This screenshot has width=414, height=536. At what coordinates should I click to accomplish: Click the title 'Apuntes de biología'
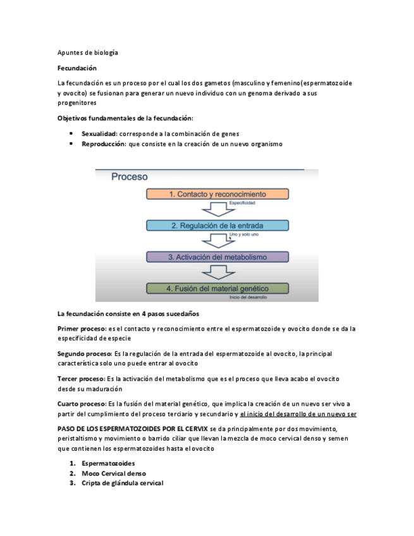87,52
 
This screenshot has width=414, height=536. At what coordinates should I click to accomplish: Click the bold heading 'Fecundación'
76,68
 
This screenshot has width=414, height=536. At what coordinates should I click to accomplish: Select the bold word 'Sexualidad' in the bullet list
99,133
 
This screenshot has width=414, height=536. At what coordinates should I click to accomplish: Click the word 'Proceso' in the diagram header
130,178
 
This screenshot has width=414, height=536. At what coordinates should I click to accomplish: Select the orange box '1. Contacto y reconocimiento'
217,195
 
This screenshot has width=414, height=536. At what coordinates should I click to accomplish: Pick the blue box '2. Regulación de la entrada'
217,225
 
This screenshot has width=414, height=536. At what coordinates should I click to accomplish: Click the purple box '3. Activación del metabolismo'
217,257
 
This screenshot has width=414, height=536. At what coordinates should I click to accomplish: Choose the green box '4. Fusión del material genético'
217,288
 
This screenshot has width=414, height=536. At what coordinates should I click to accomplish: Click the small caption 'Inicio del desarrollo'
248,297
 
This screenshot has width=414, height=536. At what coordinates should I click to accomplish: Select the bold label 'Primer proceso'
82,329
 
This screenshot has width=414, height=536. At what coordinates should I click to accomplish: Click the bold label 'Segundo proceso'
84,354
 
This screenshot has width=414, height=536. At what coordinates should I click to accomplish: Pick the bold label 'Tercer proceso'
81,379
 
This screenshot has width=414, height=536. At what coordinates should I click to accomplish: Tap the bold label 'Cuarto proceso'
82,403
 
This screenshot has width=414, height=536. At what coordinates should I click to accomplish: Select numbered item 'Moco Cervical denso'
114,473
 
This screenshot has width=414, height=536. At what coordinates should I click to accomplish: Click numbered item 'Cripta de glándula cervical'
122,483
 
